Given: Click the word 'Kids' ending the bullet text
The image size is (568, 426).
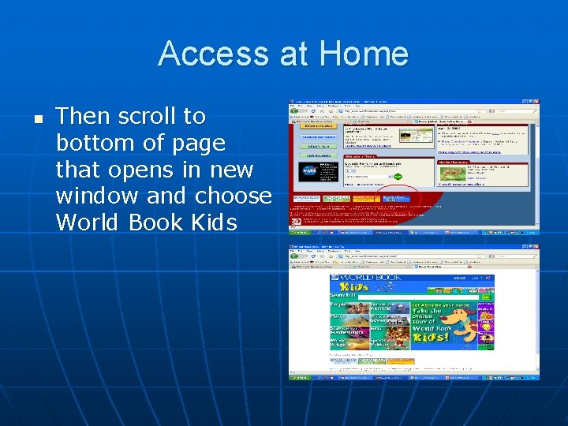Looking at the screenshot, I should [214, 222].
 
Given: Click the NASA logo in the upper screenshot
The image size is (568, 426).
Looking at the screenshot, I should [308, 171].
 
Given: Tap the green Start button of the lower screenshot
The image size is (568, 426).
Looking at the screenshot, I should [299, 378].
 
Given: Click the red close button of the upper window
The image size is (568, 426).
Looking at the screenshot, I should [535, 103].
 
